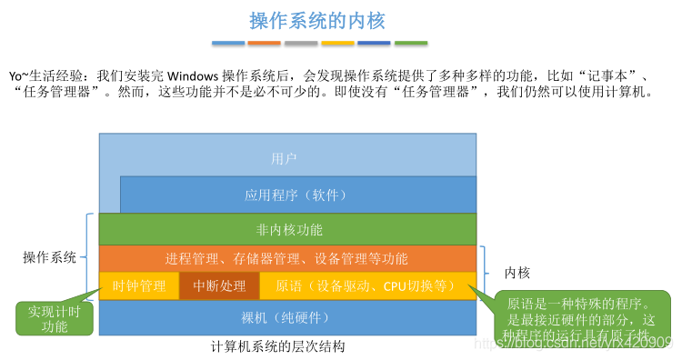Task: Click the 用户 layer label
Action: [285, 159]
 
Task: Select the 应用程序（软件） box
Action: [296, 195]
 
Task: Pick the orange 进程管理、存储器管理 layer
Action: [286, 259]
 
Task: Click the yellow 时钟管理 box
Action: [139, 285]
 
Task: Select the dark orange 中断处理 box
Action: [219, 285]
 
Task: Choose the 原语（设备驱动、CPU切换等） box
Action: [366, 285]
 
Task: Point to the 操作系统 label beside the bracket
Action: [49, 257]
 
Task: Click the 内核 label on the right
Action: [517, 272]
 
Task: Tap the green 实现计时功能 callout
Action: [54, 318]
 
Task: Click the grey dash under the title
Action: [301, 43]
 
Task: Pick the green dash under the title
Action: [411, 43]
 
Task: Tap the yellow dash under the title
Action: [337, 43]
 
